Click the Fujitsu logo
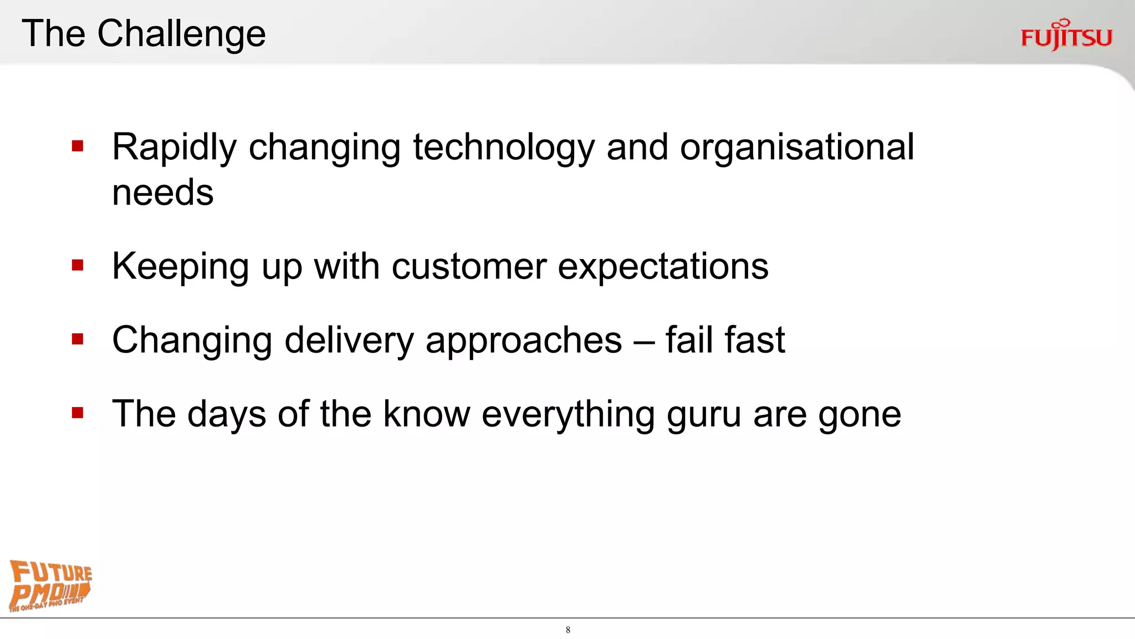pos(1066,35)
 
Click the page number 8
pos(568,630)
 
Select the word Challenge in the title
pos(181,34)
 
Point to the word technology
pos(503,148)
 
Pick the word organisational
pos(796,148)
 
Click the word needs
pos(162,193)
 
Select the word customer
pos(469,267)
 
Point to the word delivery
pos(349,341)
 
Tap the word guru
pos(704,415)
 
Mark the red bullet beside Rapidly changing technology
pos(78,146)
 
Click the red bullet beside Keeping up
pos(78,266)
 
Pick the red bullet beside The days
pos(78,413)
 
